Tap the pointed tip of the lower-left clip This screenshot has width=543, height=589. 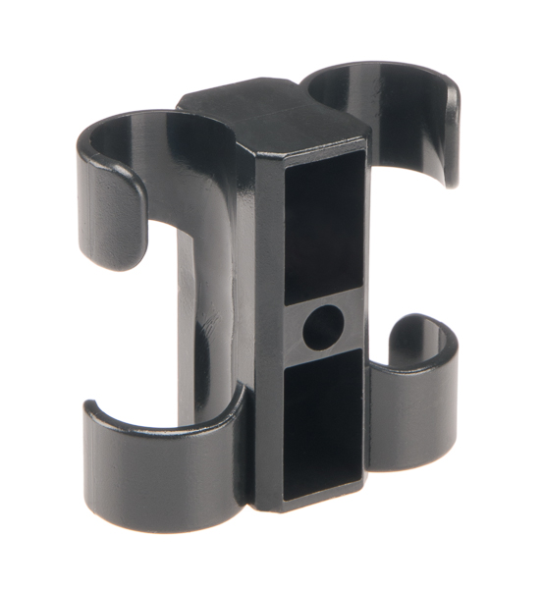pos(89,407)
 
